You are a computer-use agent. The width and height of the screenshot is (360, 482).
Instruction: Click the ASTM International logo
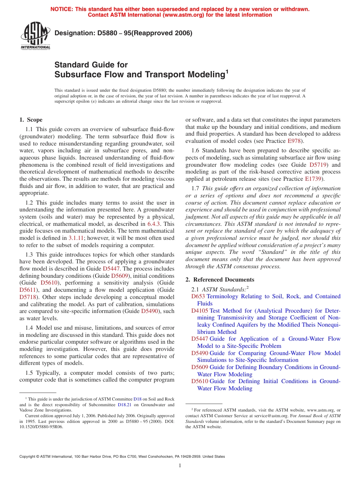35,36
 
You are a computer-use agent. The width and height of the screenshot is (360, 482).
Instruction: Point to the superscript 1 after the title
227,71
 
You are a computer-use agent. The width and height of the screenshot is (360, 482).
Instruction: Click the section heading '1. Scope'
31,120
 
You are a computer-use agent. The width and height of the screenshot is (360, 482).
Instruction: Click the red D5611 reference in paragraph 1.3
27,290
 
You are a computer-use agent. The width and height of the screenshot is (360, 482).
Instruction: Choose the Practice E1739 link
314,179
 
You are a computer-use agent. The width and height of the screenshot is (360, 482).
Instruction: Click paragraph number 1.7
196,188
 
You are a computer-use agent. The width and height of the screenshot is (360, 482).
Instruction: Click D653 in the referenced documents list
198,296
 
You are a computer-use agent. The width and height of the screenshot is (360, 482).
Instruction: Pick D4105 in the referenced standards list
200,310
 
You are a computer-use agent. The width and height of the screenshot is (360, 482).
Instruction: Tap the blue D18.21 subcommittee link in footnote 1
123,404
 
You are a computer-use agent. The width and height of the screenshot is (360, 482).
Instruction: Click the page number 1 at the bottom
180,466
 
